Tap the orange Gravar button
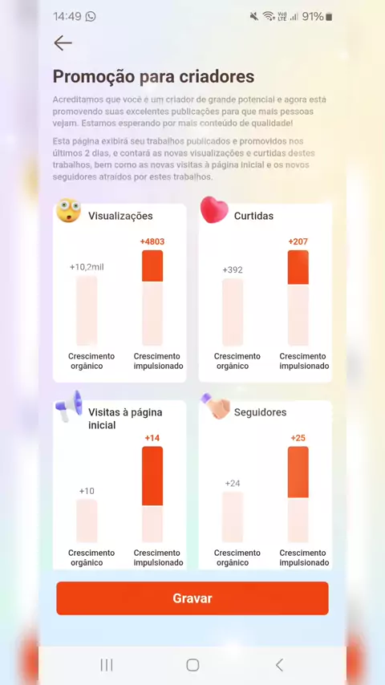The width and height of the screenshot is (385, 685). pos(192,598)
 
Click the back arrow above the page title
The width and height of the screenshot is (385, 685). pos(63,43)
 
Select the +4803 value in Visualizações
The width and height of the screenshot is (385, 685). pos(152,241)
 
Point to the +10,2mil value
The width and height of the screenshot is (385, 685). pos(87,267)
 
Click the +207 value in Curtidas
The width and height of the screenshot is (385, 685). pos(298,241)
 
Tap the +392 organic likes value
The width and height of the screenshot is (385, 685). pos(233,270)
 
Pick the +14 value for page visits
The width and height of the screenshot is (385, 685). pos(152,438)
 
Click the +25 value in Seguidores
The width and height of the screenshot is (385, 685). pos(298,438)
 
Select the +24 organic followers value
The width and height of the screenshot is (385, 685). pos(233,483)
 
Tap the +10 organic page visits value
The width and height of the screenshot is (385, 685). pos(87,491)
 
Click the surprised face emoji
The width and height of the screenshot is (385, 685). pos(69,211)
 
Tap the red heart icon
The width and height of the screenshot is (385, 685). pos(214,209)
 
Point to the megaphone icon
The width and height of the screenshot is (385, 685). pos(69,406)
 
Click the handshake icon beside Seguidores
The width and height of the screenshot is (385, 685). pos(215,407)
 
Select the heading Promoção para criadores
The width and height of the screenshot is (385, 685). pos(153,76)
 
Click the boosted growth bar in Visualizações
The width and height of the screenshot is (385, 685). pos(152,298)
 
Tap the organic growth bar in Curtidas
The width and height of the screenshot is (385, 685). pos(233,312)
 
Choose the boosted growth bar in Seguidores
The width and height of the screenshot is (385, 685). pos(298,495)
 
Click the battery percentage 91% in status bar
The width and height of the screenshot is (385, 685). pos(313,17)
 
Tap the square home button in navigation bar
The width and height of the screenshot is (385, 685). pos(192,665)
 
